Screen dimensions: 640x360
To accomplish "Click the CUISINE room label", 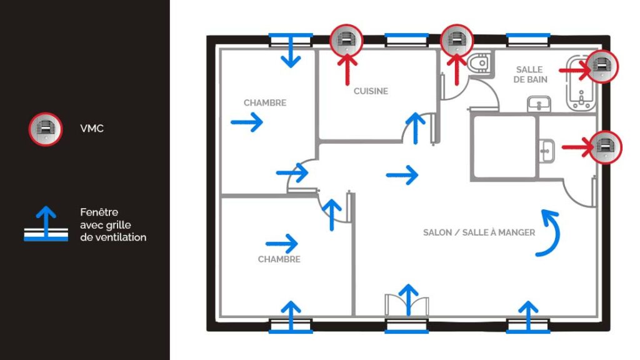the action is (x=371, y=91).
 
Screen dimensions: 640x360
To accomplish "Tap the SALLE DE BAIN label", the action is (x=530, y=75).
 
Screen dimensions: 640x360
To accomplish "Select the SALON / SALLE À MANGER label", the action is (x=479, y=232).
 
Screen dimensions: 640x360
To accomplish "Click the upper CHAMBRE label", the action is (x=265, y=103).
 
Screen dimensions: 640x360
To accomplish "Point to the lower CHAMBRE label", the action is (x=279, y=259).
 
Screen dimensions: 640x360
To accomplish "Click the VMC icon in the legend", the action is (x=45, y=129).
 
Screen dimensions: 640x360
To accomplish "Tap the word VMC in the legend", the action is (x=92, y=129).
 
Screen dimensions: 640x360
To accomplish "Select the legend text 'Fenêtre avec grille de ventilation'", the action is (x=113, y=224).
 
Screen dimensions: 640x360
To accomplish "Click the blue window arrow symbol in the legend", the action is (x=46, y=224).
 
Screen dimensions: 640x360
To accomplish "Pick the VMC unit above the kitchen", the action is (x=346, y=41).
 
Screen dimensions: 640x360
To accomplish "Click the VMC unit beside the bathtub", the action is (x=602, y=66).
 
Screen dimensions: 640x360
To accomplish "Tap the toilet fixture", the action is (x=479, y=63).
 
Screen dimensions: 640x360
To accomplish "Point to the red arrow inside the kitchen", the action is (x=347, y=70).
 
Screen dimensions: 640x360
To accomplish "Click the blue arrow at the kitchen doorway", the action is (x=416, y=128).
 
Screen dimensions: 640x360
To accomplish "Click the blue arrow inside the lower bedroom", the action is (x=282, y=244).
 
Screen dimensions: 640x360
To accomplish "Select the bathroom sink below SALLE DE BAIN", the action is (x=539, y=104).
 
